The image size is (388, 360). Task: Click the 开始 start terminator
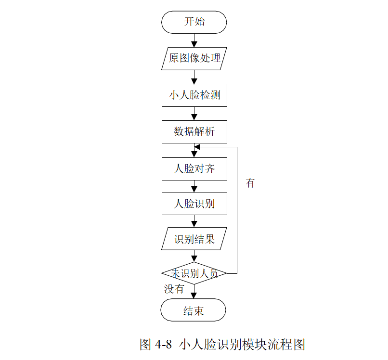tap(194, 22)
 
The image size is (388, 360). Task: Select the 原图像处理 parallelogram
tap(194, 58)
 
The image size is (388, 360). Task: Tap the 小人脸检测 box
tap(194, 95)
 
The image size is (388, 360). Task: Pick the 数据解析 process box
tap(194, 131)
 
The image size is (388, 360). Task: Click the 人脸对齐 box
tap(194, 168)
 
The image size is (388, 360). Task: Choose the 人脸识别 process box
tap(194, 204)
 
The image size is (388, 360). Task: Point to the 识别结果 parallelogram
tap(194, 239)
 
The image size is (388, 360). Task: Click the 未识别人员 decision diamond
tap(194, 273)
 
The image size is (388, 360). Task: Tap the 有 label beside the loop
tap(250, 183)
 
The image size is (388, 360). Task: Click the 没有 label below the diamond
tap(174, 289)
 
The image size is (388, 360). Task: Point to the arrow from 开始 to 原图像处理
tap(194, 40)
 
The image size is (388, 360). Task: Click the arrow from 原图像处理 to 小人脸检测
tap(194, 77)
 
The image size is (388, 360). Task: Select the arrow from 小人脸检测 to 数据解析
tap(194, 114)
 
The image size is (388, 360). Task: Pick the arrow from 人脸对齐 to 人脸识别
tap(194, 187)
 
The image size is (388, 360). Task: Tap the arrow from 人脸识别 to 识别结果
tap(194, 221)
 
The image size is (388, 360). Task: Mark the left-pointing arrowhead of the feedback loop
tap(197, 147)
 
